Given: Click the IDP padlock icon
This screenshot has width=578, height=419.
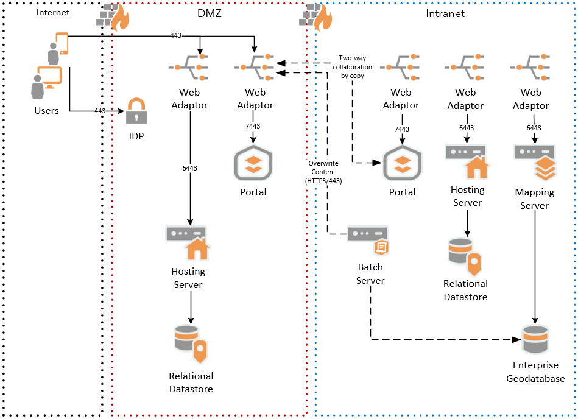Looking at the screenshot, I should [x=136, y=111].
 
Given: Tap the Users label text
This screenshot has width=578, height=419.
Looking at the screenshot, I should [x=47, y=110].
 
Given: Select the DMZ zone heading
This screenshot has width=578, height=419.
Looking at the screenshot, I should [x=210, y=13].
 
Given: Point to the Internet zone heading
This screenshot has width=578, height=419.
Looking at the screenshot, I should [x=52, y=12].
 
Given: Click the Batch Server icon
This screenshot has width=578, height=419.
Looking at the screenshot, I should [x=368, y=239].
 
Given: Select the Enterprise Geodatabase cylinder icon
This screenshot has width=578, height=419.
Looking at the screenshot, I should [x=535, y=339].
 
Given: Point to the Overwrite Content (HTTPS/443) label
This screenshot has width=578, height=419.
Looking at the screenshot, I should [x=323, y=172].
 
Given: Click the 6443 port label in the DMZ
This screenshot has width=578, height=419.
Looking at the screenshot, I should [x=191, y=167].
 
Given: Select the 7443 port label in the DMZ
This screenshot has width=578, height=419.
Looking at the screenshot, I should [x=253, y=125].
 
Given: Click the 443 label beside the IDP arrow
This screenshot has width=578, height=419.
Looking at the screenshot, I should [x=100, y=111].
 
